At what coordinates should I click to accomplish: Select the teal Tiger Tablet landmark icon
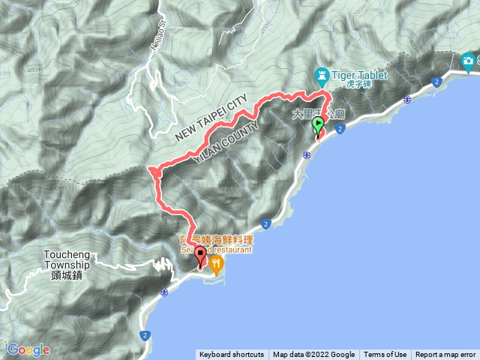pyautogui.click(x=322, y=75)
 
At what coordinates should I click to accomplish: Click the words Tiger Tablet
pyautogui.click(x=359, y=74)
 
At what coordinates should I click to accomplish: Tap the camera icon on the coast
pyautogui.click(x=469, y=61)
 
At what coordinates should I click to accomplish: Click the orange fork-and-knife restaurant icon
pyautogui.click(x=217, y=262)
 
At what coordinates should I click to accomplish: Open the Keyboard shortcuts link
pyautogui.click(x=231, y=355)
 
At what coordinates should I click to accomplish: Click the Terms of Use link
pyautogui.click(x=385, y=355)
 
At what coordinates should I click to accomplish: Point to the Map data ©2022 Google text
pyautogui.click(x=313, y=355)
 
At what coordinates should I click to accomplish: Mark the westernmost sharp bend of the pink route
pyautogui.click(x=151, y=171)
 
